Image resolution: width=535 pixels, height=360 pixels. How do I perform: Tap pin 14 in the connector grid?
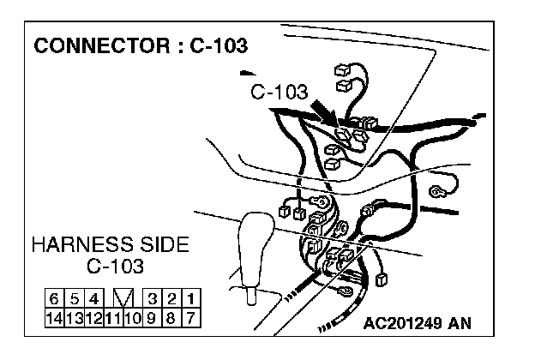[54, 316]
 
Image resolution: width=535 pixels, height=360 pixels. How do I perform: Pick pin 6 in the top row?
[54, 299]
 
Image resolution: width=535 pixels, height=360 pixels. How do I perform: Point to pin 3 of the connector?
[153, 299]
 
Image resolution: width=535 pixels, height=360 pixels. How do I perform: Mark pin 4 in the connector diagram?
[93, 299]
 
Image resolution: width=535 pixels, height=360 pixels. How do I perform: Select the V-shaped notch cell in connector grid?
[123, 299]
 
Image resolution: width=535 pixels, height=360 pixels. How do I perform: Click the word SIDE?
[165, 245]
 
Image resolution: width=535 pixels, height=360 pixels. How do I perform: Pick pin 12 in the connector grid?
[92, 316]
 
